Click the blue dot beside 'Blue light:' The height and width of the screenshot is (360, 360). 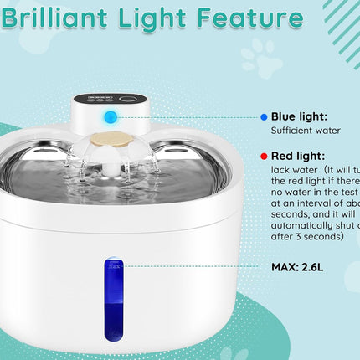tap(265, 116)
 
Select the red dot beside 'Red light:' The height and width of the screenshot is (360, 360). tap(265, 156)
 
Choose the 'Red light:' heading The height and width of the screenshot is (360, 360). tap(298, 156)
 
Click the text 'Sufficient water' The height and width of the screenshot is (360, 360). tap(303, 131)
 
